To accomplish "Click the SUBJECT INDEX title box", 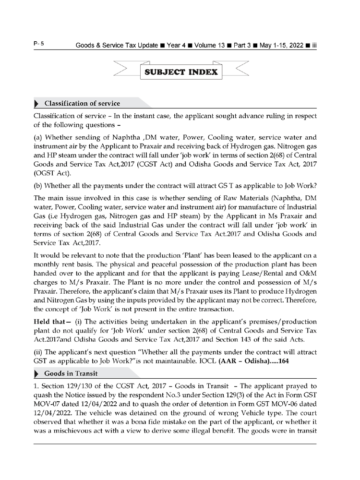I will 180,73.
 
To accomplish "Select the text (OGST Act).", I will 51,174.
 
